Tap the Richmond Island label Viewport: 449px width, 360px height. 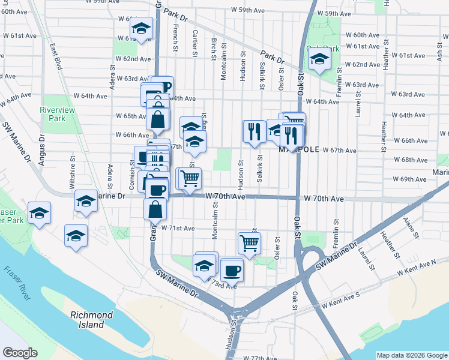point(91,320)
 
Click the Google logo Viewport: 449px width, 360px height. point(20,353)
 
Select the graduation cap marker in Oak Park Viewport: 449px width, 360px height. point(319,59)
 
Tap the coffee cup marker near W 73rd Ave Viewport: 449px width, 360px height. point(232,269)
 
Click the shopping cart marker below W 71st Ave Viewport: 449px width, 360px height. point(249,242)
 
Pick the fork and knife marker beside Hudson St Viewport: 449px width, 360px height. point(254,130)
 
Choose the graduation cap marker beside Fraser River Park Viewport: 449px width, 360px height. point(40,214)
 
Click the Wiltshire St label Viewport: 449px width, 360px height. point(71,174)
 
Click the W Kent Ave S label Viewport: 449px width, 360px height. point(340,304)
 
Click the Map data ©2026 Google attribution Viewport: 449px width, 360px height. point(412,355)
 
